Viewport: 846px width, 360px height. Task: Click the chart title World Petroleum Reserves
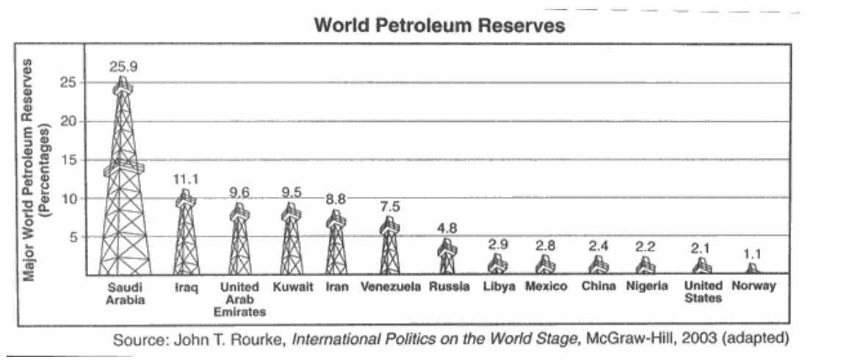[x=439, y=26]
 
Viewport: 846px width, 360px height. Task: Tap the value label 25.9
[x=123, y=66]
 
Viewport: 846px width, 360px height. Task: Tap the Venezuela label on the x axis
[x=391, y=287]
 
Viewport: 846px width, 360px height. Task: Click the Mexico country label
[x=546, y=287]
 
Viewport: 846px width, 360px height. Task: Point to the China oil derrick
[x=596, y=265]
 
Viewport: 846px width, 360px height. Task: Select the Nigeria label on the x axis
[x=646, y=287]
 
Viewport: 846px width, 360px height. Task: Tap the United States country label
[x=703, y=292]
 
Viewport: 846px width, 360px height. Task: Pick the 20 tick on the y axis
[x=69, y=121]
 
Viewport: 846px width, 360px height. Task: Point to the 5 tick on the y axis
[x=73, y=237]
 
